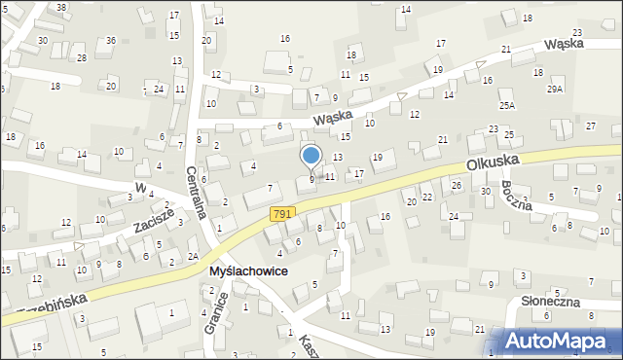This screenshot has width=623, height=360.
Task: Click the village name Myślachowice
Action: [x=247, y=271]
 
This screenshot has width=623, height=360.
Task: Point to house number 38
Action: [x=61, y=7]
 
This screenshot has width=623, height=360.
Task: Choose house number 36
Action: [x=111, y=40]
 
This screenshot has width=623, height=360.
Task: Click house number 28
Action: [x=82, y=58]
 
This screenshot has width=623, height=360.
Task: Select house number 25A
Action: [x=507, y=105]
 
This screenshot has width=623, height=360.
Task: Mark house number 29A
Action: [x=555, y=89]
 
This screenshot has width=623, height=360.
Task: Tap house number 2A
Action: [x=193, y=257]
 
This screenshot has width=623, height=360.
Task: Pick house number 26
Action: [x=456, y=185]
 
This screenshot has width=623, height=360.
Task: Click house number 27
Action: [x=590, y=126]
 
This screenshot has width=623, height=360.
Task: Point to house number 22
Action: [x=427, y=197]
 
